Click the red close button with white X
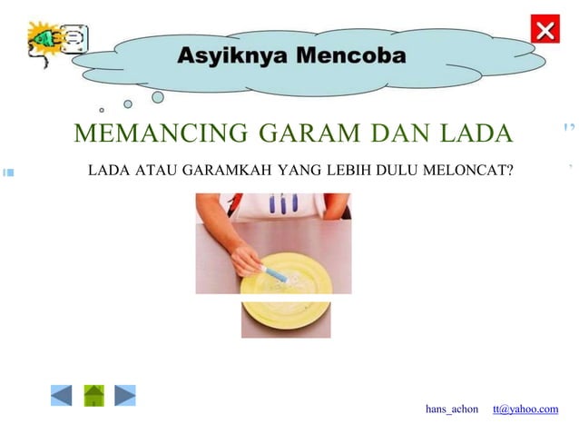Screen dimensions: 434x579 click(545, 30)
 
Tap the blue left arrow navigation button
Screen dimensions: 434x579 click(61, 396)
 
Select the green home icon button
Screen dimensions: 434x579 click(94, 396)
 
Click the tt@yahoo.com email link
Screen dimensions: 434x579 click(525, 409)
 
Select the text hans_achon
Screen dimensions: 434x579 click(452, 409)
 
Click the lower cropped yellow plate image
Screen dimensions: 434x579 click(286, 320)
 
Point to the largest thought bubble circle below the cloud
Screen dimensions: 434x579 click(157, 97)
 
